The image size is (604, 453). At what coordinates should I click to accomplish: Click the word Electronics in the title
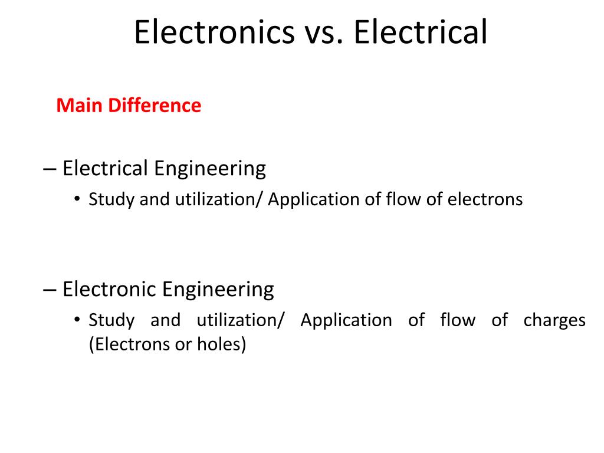[214, 32]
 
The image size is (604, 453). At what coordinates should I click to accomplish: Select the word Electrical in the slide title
[421, 32]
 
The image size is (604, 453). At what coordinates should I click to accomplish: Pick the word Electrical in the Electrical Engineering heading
[105, 169]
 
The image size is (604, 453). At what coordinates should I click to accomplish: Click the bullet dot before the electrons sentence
[77, 200]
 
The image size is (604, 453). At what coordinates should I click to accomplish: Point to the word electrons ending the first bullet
[485, 199]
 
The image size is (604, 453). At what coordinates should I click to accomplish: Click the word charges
[554, 320]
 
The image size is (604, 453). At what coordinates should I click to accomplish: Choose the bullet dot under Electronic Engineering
[77, 321]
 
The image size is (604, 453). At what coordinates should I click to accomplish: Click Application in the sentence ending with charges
[346, 320]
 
